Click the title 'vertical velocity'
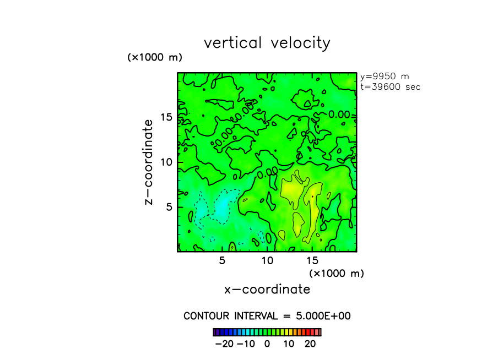(x=267, y=43)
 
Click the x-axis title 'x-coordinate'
(x=267, y=290)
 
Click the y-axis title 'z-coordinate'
(x=148, y=165)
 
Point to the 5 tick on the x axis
(x=222, y=260)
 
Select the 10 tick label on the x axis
(x=267, y=260)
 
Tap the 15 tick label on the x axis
(x=312, y=260)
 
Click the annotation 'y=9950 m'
(x=385, y=77)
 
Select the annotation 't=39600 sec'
(x=390, y=87)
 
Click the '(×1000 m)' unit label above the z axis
(x=155, y=57)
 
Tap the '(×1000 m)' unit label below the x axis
(x=337, y=273)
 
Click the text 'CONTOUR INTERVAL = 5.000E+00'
(x=267, y=316)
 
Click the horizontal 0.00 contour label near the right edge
(x=339, y=114)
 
